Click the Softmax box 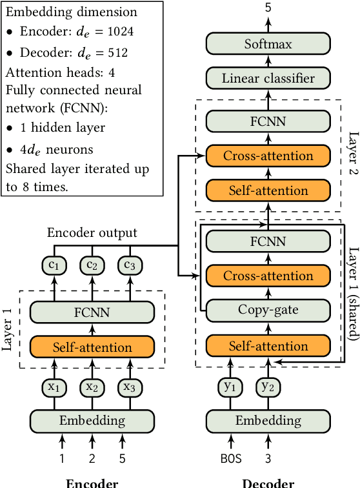coord(268,45)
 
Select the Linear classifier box coord(268,79)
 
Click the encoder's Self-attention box coord(92,347)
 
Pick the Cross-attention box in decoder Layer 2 coord(268,156)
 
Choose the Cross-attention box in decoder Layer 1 coord(268,276)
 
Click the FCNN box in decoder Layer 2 coord(268,121)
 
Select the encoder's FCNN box coord(92,313)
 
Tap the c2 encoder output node coord(92,265)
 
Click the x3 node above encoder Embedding coord(122,387)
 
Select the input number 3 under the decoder coord(267,459)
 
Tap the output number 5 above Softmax coord(268,8)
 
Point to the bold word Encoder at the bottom coord(92,482)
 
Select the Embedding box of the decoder coord(268,421)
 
